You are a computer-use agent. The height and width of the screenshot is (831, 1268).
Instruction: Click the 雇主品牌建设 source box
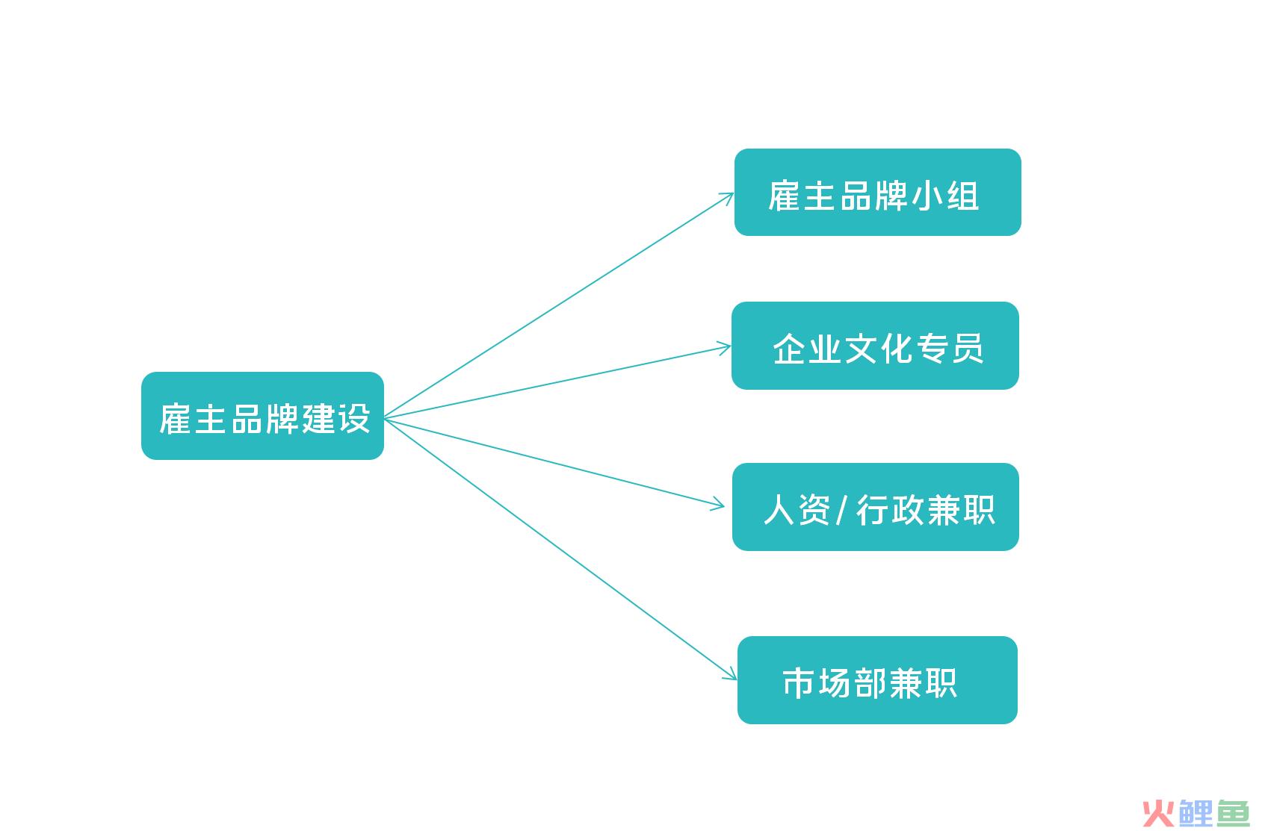click(x=263, y=416)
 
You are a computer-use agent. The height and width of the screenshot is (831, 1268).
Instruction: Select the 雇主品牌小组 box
click(x=878, y=193)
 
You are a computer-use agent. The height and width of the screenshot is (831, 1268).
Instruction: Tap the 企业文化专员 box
click(x=875, y=346)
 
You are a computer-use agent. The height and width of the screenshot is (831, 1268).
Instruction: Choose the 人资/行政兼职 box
click(x=876, y=507)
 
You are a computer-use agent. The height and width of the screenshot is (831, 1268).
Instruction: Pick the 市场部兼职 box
click(x=877, y=680)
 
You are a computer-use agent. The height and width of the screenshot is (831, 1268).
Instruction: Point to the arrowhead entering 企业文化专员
click(x=724, y=347)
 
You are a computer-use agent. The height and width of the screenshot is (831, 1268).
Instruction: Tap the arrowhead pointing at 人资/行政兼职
click(x=718, y=504)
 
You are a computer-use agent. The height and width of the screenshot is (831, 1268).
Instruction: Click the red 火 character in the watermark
click(x=1160, y=814)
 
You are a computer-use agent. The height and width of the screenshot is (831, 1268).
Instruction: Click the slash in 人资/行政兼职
click(x=842, y=510)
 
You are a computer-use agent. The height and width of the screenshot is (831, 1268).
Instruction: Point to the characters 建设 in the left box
click(x=336, y=419)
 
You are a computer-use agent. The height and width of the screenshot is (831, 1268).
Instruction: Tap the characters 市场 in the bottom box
click(x=817, y=683)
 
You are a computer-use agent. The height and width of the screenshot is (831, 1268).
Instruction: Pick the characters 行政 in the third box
click(x=890, y=510)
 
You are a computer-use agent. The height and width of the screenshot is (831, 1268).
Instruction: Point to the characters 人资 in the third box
click(x=797, y=510)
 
